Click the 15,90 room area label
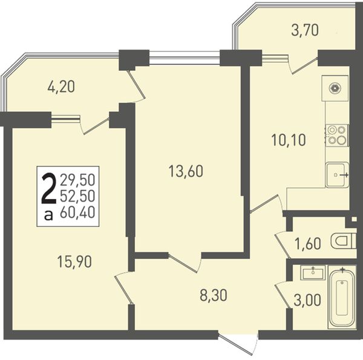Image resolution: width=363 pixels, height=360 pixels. [74, 262]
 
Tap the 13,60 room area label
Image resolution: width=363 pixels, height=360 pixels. [186, 171]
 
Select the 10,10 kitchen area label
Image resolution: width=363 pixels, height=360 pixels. [289, 140]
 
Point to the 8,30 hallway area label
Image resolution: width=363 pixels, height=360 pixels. [213, 295]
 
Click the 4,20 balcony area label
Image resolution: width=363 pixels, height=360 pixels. [61, 87]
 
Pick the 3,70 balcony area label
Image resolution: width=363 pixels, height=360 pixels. [305, 30]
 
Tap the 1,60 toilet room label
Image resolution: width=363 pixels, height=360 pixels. [308, 243]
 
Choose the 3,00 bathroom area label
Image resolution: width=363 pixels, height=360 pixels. [307, 300]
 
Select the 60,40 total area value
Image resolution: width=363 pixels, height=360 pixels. [77, 212]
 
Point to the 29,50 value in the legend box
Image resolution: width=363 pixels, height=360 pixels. [77, 180]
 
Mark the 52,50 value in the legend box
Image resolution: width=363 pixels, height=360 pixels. [77, 196]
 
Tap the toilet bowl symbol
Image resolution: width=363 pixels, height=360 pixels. [343, 241]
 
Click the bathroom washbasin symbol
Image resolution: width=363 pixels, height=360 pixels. [313, 272]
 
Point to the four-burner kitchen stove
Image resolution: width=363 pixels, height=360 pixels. [337, 135]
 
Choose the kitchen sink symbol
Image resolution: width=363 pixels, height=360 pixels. [337, 175]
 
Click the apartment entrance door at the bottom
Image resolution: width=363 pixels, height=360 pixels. [238, 341]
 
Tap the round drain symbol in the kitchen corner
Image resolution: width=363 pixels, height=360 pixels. [335, 88]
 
